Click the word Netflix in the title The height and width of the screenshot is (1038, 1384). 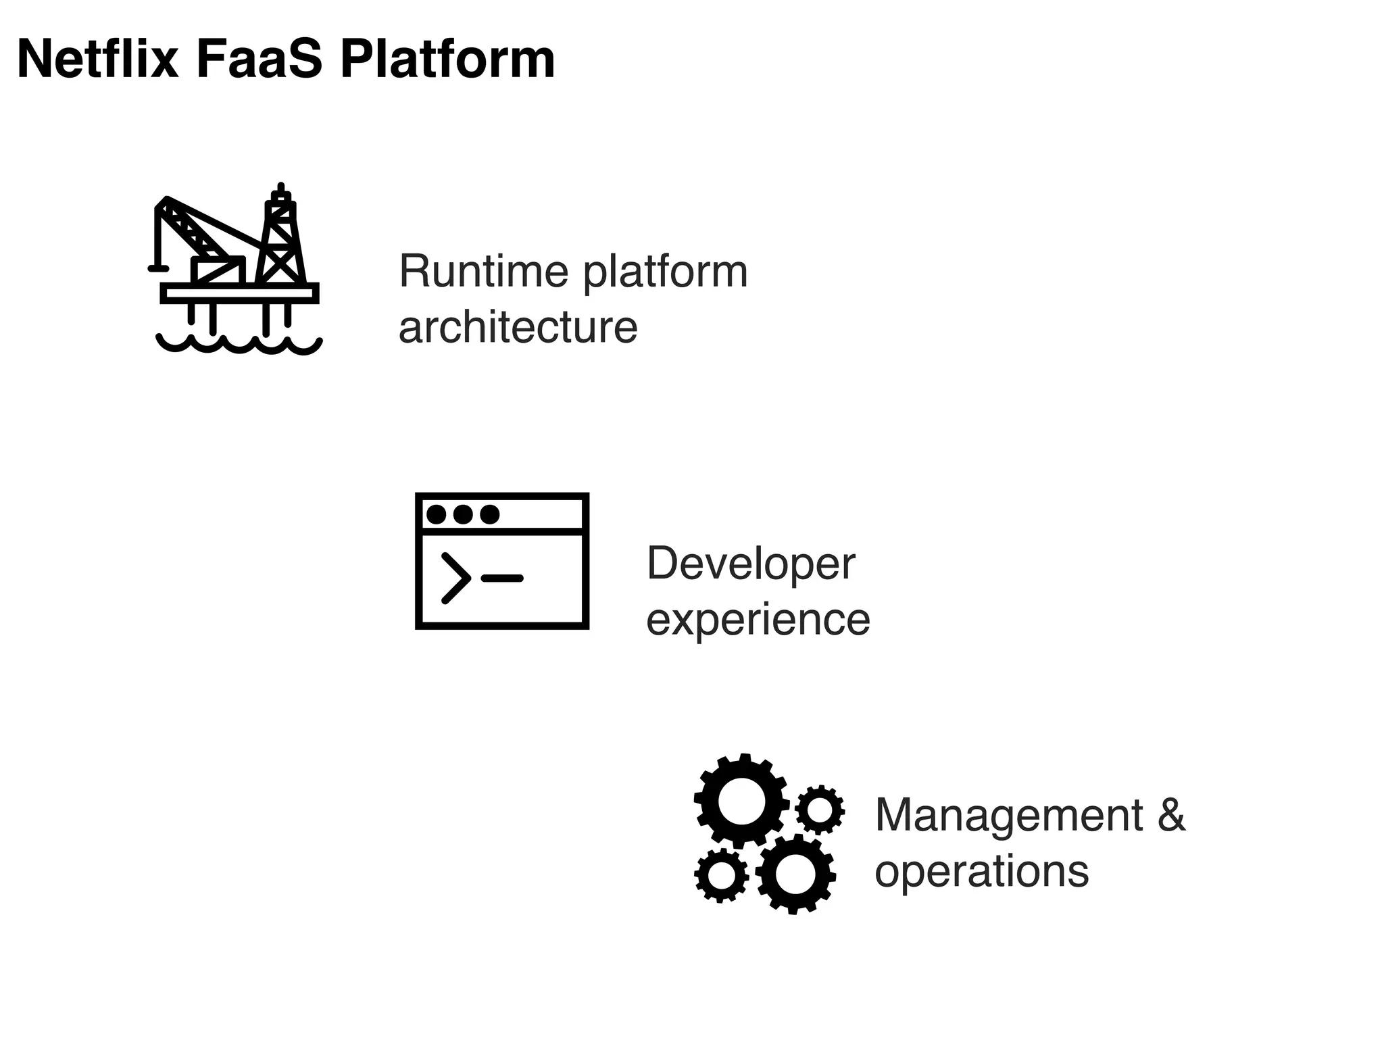[x=98, y=59]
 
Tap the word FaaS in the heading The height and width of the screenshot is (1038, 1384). [x=260, y=59]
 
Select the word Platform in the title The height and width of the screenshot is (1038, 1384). [x=447, y=59]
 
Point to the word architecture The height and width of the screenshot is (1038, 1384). [x=518, y=328]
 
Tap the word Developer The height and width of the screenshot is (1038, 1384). [x=751, y=564]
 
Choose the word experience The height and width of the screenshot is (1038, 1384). [x=758, y=620]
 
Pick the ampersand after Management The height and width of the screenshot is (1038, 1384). [x=1171, y=815]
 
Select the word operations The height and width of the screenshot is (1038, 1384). [x=982, y=872]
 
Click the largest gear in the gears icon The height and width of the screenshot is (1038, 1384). [x=741, y=801]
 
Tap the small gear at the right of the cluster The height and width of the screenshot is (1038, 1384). [x=820, y=809]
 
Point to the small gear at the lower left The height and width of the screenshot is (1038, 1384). [x=721, y=875]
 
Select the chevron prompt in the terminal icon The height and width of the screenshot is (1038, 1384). [x=456, y=578]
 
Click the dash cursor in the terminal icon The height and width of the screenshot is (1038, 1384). [x=502, y=578]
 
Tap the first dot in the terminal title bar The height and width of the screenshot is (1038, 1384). [x=437, y=514]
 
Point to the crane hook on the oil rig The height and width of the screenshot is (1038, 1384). [x=157, y=268]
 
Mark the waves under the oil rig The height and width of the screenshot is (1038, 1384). [x=239, y=345]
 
